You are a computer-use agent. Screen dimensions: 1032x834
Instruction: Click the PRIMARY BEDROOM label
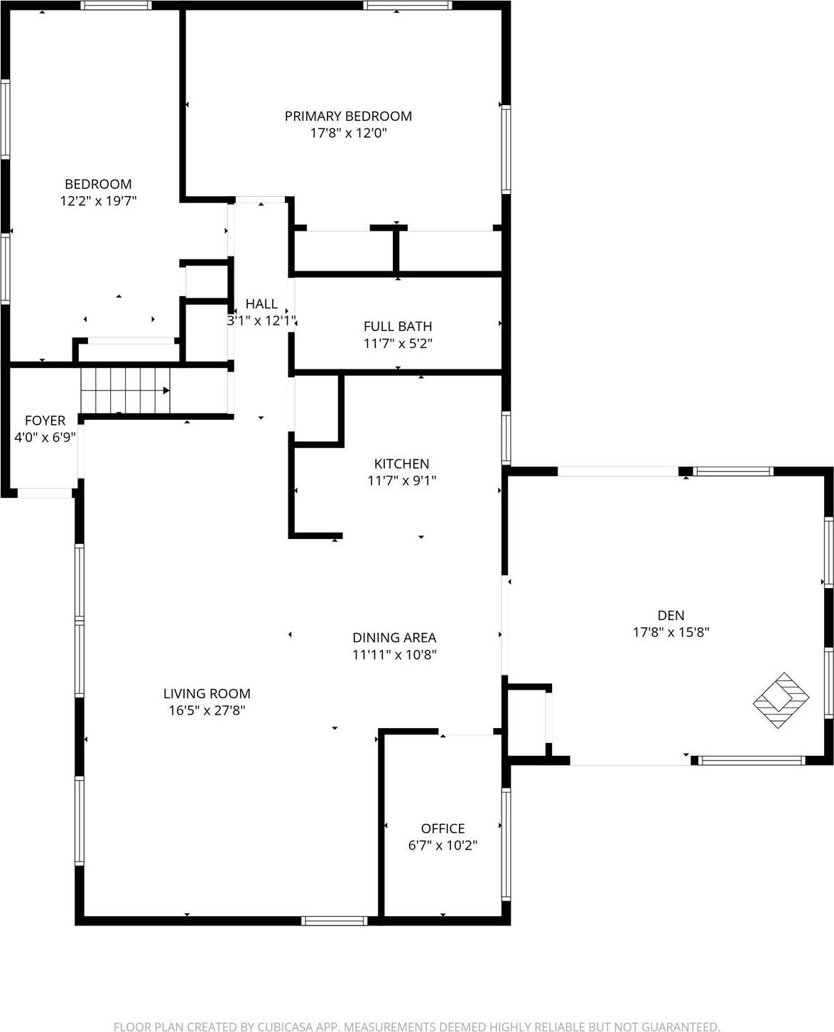coord(348,116)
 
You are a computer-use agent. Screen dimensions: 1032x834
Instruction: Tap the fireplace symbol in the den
coord(781,700)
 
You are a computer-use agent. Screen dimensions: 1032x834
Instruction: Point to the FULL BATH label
coord(398,326)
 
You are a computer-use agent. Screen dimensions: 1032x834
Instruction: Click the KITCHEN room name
coord(402,464)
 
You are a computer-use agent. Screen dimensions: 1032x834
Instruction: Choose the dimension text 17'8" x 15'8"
coord(671,632)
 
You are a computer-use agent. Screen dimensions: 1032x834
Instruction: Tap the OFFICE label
coord(443,828)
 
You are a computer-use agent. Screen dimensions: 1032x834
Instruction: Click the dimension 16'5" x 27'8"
coord(207,710)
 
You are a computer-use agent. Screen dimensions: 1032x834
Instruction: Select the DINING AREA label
coord(394,638)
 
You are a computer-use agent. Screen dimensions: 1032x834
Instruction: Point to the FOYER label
coord(45,420)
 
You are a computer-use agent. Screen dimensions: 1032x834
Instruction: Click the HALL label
coord(261,303)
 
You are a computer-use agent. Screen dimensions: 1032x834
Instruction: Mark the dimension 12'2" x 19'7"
coord(98,201)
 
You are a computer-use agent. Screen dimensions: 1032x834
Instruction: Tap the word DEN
coord(671,615)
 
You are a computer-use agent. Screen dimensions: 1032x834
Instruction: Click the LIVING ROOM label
coord(207,693)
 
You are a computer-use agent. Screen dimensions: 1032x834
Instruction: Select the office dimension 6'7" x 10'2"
coord(443,845)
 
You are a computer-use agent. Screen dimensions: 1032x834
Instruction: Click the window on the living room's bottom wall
coord(335,920)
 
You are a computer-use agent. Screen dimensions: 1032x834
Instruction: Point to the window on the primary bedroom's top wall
coord(408,6)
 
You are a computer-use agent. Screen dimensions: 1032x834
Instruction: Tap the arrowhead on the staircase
coord(166,390)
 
